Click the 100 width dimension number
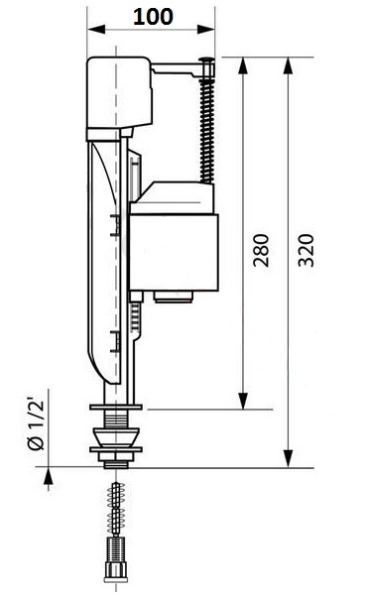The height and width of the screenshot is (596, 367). click(x=154, y=17)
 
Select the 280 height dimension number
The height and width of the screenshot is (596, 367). click(x=261, y=250)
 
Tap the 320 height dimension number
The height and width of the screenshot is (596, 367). click(x=306, y=250)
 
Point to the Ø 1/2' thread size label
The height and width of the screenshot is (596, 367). click(x=36, y=423)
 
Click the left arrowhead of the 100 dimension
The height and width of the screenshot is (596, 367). click(x=96, y=30)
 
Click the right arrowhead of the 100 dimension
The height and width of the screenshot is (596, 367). click(x=205, y=30)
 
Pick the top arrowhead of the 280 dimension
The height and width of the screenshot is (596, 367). click(x=243, y=65)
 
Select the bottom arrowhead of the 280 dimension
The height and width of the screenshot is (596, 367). click(x=243, y=401)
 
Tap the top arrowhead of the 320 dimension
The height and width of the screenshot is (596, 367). click(x=289, y=65)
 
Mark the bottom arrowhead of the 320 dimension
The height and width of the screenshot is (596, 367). click(x=289, y=459)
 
